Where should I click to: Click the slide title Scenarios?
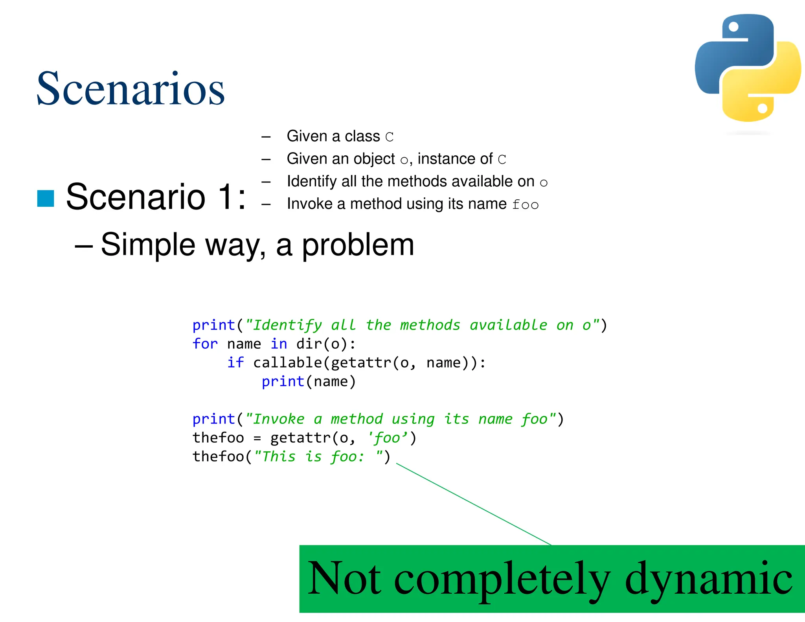pos(130,88)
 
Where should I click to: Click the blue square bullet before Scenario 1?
pos(46,198)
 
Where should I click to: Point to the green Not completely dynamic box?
pos(552,578)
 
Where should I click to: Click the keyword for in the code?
pos(205,344)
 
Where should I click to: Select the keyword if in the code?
pos(235,363)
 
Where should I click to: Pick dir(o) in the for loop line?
pos(322,344)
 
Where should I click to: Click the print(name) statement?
pos(309,381)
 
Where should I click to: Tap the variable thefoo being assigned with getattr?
pos(218,438)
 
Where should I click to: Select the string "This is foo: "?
pos(319,457)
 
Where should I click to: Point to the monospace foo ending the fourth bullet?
pos(525,205)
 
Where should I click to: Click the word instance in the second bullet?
pos(443,159)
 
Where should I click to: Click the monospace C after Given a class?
pos(389,137)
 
